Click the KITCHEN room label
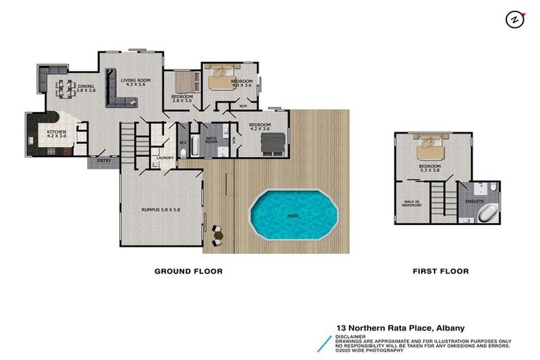[x=57, y=135]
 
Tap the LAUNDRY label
[x=167, y=157]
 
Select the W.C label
[x=183, y=143]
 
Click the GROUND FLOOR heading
[x=188, y=271]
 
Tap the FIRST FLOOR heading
[x=440, y=271]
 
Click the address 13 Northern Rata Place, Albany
[x=400, y=328]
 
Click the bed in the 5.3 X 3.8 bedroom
[x=430, y=150]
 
